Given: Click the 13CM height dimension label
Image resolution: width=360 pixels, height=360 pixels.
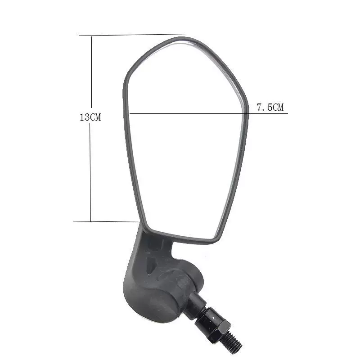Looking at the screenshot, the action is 90,117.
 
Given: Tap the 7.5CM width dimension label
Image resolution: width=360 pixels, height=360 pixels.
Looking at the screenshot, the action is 270,107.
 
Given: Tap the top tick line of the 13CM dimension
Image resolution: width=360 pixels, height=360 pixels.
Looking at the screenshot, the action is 133,35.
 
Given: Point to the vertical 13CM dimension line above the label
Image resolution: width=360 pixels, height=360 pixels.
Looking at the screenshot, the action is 92,72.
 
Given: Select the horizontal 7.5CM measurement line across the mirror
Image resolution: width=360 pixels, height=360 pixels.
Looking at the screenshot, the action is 208,113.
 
